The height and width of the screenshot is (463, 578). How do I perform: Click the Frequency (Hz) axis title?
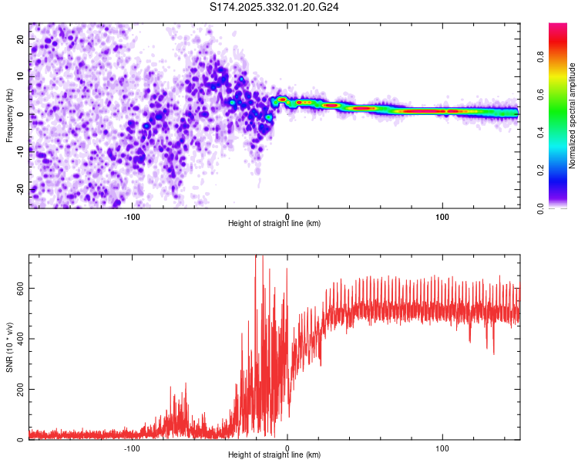click(x=9, y=115)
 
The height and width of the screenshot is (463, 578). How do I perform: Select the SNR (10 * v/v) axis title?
click(x=9, y=346)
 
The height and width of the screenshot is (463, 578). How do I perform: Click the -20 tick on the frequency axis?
click(x=19, y=189)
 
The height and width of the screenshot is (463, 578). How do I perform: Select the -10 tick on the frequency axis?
click(x=19, y=151)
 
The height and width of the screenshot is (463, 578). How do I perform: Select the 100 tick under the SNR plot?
click(x=442, y=448)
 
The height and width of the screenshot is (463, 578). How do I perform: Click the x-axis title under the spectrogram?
click(x=275, y=224)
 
